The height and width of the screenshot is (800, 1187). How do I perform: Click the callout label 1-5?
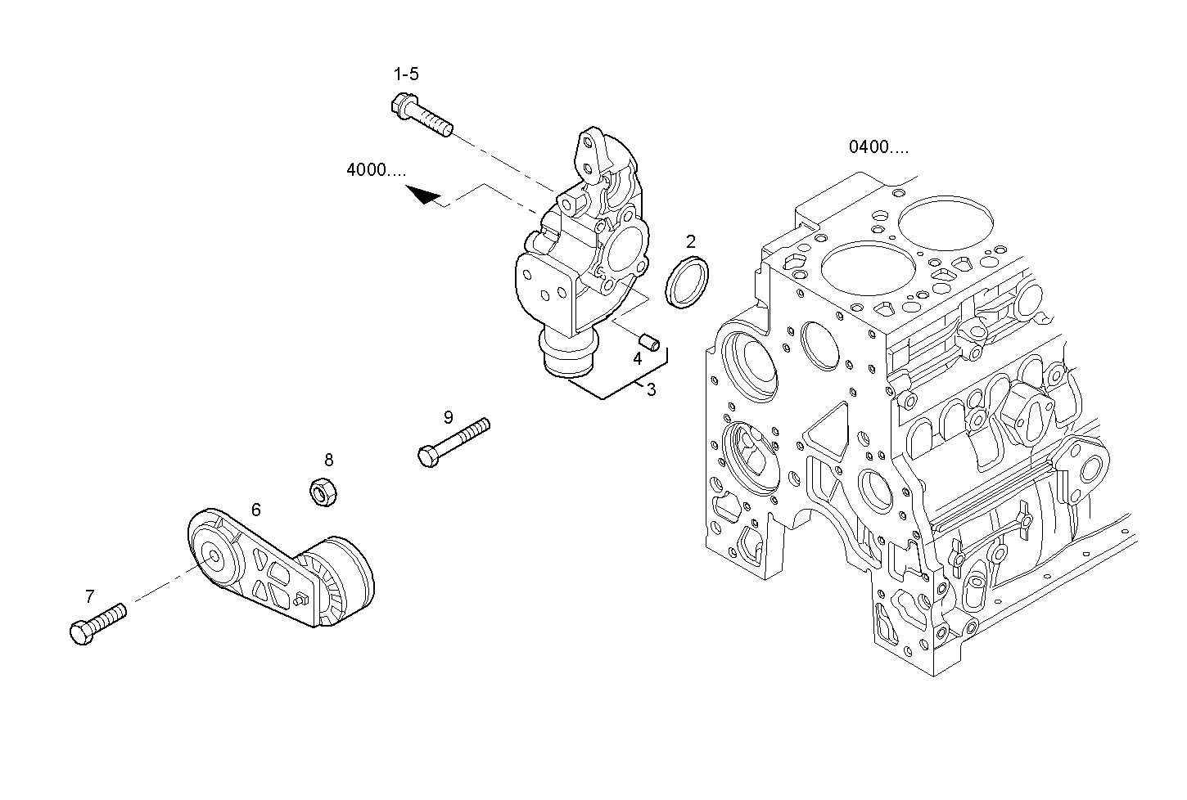pyautogui.click(x=406, y=74)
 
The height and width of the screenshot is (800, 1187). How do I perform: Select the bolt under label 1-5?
pyautogui.click(x=421, y=116)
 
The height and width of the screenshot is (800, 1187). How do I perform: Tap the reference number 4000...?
pyautogui.click(x=376, y=170)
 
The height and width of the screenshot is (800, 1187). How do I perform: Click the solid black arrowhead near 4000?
pyautogui.click(x=424, y=196)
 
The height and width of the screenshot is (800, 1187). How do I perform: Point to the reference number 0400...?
pyautogui.click(x=878, y=147)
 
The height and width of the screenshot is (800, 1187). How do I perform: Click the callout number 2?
pyautogui.click(x=691, y=241)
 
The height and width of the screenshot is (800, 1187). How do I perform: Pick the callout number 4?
pyautogui.click(x=636, y=357)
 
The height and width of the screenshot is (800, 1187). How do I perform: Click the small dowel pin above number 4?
pyautogui.click(x=648, y=339)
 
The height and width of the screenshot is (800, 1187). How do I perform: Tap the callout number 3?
pyautogui.click(x=651, y=390)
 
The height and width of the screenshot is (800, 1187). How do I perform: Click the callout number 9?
pyautogui.click(x=448, y=417)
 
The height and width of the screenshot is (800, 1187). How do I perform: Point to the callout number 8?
pyautogui.click(x=328, y=461)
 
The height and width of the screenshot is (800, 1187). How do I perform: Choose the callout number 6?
pyautogui.click(x=255, y=510)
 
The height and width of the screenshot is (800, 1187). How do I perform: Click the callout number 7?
pyautogui.click(x=90, y=596)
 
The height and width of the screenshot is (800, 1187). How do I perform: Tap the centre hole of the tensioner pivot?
pyautogui.click(x=214, y=558)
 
